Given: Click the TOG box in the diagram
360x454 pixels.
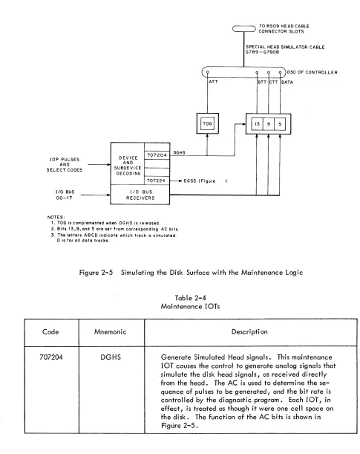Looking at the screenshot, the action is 207,123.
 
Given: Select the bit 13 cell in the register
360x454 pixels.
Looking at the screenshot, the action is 257,124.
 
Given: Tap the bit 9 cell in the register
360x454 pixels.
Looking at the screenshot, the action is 269,124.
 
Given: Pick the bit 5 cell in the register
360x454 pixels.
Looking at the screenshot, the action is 280,124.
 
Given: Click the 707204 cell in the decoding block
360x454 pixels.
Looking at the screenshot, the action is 157,155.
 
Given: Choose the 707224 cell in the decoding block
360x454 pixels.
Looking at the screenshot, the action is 157,181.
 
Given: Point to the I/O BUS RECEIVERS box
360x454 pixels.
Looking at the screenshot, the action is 140,195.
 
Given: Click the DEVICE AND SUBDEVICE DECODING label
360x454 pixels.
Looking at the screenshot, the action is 128,166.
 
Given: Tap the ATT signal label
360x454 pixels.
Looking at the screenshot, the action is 213,82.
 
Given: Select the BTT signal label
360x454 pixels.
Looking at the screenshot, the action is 262,82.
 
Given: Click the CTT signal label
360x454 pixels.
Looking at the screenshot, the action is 274,82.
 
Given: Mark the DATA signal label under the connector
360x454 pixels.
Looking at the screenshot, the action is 287,82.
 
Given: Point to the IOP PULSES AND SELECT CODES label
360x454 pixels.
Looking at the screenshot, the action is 64,164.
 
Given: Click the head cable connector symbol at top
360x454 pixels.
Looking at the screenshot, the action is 244,29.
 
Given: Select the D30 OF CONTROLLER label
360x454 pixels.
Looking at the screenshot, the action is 312,72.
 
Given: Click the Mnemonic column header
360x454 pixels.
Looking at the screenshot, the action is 110,332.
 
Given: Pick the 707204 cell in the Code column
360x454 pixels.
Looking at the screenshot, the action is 51,357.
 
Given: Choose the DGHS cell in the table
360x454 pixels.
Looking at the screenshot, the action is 111,357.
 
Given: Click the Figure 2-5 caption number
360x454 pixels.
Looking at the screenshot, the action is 96,273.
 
